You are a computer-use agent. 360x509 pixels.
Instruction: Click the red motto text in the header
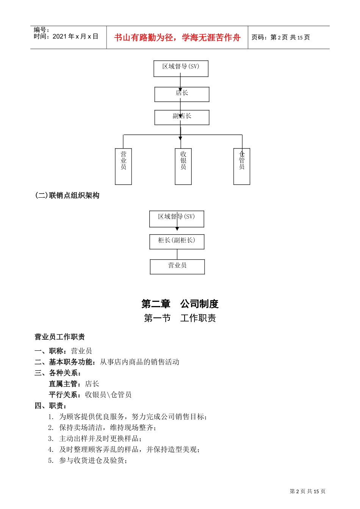coord(177,37)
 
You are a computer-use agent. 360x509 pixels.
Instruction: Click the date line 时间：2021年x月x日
coord(66,36)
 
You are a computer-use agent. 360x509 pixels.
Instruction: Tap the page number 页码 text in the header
coord(280,37)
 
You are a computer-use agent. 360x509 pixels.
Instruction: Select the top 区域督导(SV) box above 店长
coord(181,69)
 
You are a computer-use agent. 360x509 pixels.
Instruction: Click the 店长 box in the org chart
coord(182,94)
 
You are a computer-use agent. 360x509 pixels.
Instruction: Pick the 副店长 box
coord(182,117)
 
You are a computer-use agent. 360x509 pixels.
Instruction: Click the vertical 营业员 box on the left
coord(123,166)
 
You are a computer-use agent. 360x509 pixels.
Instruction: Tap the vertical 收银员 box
coord(183,166)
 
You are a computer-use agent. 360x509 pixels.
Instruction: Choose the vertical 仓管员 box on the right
coord(242,166)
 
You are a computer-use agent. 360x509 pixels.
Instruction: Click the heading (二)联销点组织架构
coord(67,195)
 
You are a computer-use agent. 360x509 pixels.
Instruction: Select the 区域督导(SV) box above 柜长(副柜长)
coord(177,219)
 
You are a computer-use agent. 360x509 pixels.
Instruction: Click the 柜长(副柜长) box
coord(177,242)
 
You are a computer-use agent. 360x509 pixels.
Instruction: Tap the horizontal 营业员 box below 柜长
coord(177,267)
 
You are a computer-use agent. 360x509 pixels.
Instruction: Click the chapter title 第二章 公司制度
coord(180,304)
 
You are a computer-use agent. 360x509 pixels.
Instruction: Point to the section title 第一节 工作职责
coord(180,318)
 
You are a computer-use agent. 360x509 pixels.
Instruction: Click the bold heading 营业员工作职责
coord(59,337)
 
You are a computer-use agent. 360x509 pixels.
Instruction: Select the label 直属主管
coord(63,384)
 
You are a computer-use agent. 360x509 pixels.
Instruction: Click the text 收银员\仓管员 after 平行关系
coord(108,395)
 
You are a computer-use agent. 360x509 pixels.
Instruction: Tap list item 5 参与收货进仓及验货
coord(93,461)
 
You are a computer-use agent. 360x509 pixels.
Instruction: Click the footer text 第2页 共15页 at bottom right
coord(307,491)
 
